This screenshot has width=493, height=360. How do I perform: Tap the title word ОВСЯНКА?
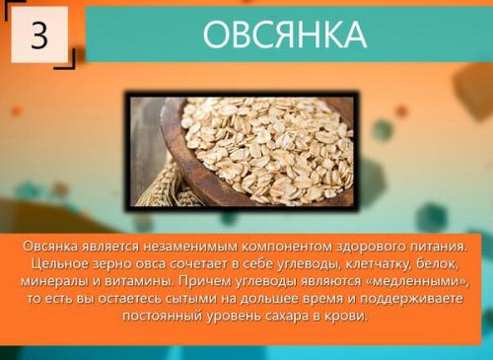[284, 35]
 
